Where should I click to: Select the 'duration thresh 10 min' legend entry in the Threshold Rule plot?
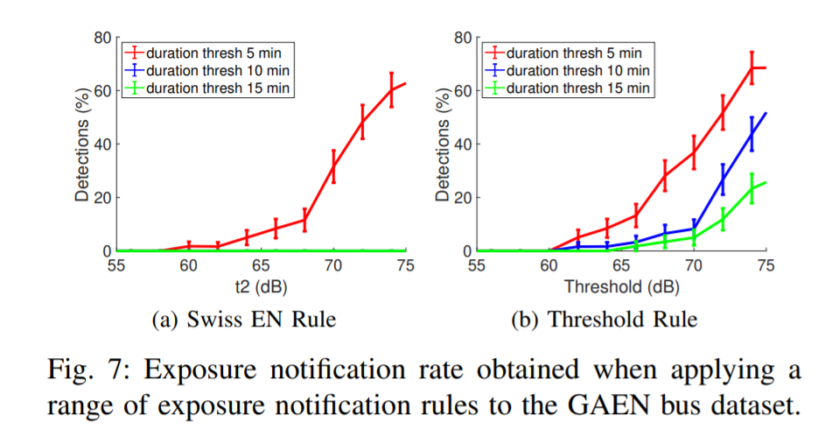(x=577, y=69)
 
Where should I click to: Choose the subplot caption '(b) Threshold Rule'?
(x=604, y=320)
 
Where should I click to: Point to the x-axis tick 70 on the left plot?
(x=333, y=265)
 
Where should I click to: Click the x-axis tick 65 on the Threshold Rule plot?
(x=620, y=265)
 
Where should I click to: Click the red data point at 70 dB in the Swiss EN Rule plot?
(x=333, y=166)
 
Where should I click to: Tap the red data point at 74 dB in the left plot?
(x=391, y=89)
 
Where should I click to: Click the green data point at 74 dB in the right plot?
(x=752, y=188)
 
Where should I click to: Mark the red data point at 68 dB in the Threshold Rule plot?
(x=665, y=175)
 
